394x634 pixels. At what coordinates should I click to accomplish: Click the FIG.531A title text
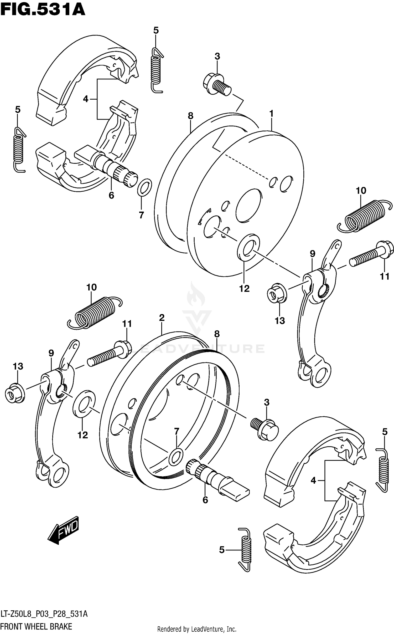[x=43, y=10]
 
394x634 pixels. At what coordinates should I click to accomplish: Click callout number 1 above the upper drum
[x=271, y=114]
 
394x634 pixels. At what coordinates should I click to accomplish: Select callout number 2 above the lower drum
[x=162, y=318]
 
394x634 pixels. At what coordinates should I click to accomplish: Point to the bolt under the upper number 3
[x=217, y=84]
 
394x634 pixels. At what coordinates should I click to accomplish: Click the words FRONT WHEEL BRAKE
[x=36, y=626]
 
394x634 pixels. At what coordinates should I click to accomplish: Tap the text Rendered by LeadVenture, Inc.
[x=196, y=629]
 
